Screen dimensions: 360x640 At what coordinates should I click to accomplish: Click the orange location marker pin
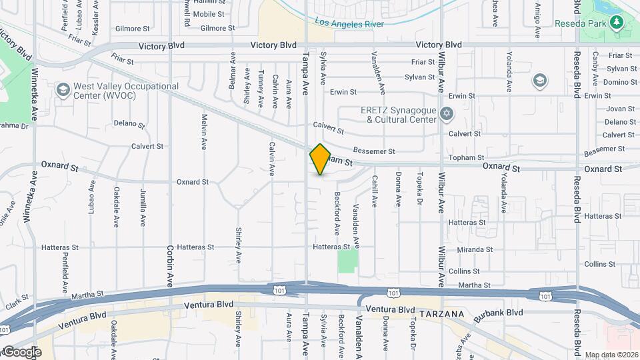(x=320, y=159)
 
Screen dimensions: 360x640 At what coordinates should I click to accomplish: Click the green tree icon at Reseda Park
(x=617, y=23)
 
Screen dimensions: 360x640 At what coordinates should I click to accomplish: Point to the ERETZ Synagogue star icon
(x=447, y=115)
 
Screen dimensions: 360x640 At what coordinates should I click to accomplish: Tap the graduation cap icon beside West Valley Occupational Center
(x=63, y=89)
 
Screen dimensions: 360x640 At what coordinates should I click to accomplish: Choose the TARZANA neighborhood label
(x=440, y=312)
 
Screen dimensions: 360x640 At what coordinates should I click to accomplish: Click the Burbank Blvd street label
(x=499, y=312)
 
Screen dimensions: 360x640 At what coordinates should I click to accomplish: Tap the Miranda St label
(x=475, y=249)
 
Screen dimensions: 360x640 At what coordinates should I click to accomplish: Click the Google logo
(x=21, y=351)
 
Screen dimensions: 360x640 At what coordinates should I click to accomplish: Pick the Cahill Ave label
(x=375, y=191)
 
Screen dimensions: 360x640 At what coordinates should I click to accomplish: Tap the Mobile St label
(x=209, y=14)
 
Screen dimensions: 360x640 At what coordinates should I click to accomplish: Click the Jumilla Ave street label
(x=143, y=207)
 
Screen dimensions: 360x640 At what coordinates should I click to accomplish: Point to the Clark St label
(x=14, y=302)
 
